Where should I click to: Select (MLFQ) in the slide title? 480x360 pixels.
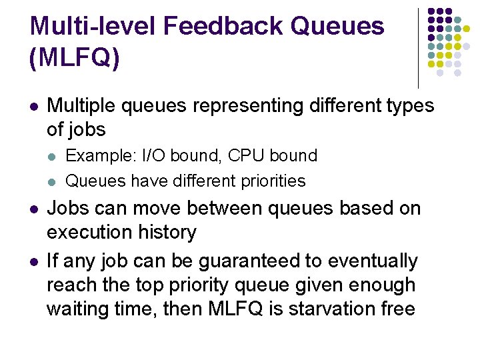75,58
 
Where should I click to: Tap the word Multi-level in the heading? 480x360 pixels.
93,26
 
